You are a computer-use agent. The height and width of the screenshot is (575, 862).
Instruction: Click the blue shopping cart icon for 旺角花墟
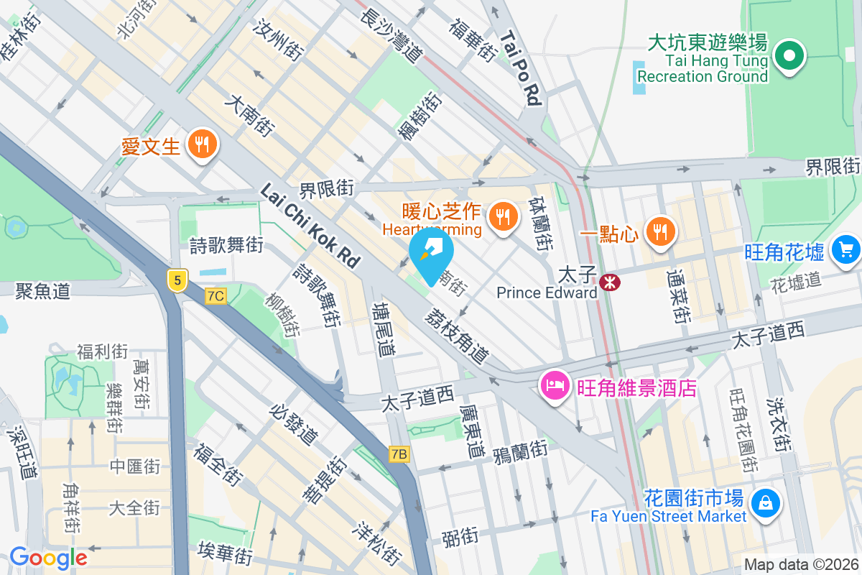(x=845, y=249)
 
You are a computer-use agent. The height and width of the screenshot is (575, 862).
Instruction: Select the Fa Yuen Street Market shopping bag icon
(x=766, y=500)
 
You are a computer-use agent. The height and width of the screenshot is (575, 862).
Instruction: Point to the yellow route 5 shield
(x=177, y=280)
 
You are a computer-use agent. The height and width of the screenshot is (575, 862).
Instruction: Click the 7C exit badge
(x=215, y=295)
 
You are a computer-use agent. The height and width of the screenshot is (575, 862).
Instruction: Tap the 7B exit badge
(x=399, y=454)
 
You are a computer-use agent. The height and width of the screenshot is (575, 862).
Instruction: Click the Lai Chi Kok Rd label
(x=309, y=225)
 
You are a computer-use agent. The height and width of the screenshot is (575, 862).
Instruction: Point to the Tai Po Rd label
(x=521, y=68)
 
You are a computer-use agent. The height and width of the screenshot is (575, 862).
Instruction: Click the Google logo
(x=47, y=558)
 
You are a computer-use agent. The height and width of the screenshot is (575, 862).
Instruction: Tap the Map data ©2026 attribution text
(x=802, y=565)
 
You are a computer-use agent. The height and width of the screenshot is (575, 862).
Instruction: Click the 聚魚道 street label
(x=43, y=291)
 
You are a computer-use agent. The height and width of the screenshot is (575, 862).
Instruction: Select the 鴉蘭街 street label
(x=520, y=451)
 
